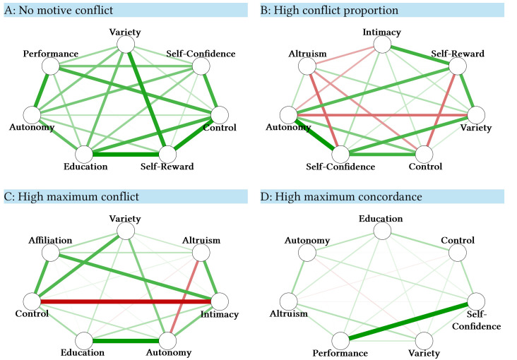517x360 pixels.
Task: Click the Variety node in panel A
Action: (126, 44)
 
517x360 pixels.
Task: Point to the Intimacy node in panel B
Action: (382, 45)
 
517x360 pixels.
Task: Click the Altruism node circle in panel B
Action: (307, 66)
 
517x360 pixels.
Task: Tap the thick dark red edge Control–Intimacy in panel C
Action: (127, 301)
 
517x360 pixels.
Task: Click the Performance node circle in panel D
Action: (341, 340)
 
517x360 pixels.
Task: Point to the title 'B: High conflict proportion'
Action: (330, 10)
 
